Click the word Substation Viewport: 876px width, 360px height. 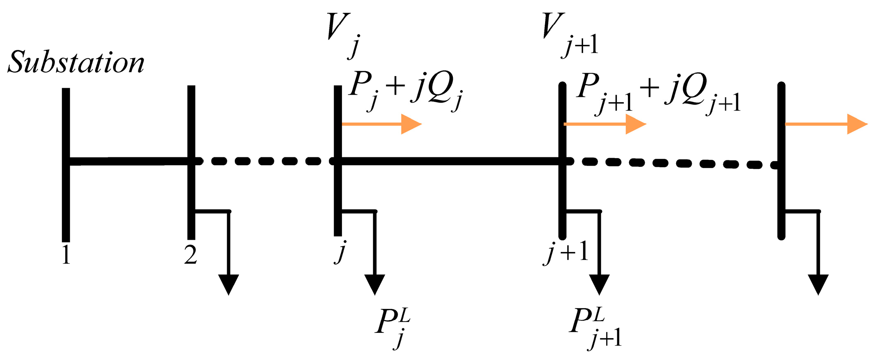click(76, 63)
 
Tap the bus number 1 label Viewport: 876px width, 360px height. click(66, 255)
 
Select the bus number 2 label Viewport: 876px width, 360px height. click(190, 255)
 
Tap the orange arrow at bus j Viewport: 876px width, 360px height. click(381, 124)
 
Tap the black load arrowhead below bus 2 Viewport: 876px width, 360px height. click(229, 284)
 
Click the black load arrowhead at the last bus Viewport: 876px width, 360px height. click(818, 284)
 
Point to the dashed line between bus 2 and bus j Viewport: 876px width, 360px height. click(264, 161)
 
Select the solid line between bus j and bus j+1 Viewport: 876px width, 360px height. click(449, 161)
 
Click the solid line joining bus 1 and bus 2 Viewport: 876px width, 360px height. click(128, 161)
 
